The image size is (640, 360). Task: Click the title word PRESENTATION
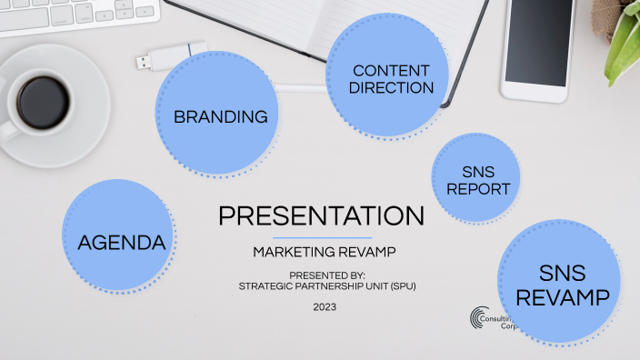click(321, 216)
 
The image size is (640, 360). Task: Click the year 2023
click(324, 307)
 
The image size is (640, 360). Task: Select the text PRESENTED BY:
click(326, 275)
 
